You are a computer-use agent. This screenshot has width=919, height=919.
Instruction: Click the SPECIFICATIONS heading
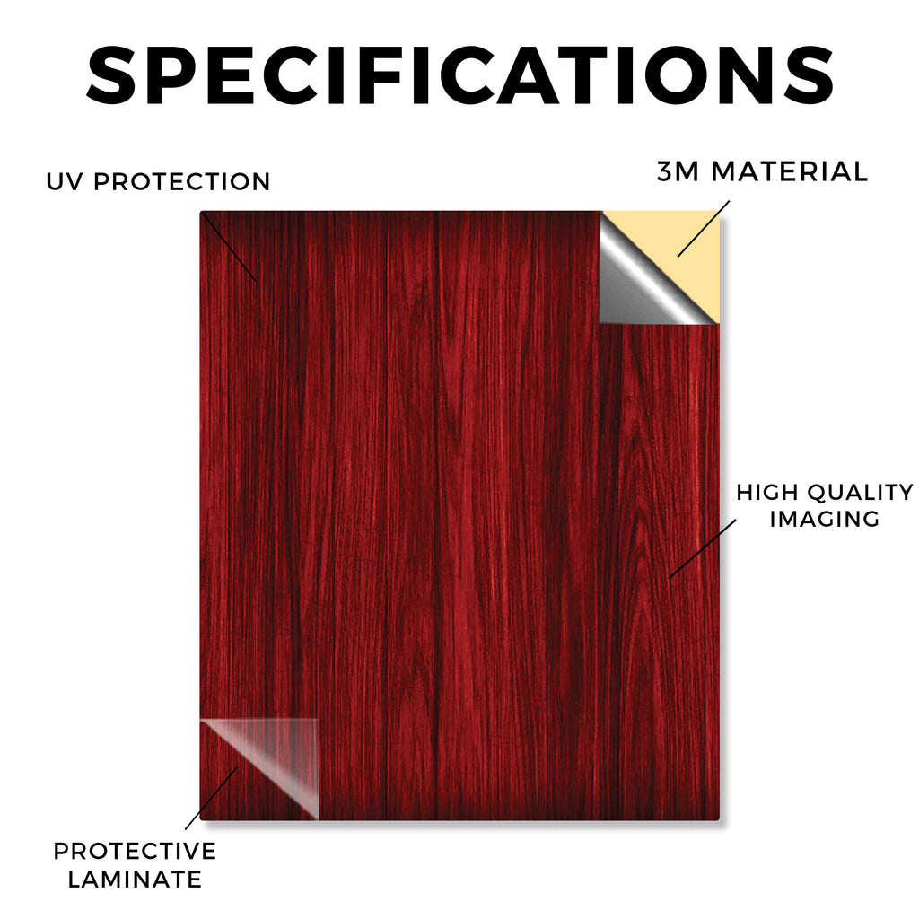(x=460, y=75)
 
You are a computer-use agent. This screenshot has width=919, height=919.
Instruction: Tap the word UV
(x=64, y=181)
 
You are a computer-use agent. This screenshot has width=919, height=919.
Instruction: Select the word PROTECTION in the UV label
(x=181, y=181)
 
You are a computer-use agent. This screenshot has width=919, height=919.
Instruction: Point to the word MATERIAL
(x=789, y=171)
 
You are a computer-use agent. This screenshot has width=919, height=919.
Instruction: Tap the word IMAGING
(x=825, y=519)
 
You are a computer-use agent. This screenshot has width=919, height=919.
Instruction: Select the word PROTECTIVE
(x=135, y=851)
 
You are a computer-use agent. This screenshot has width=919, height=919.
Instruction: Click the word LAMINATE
(x=135, y=880)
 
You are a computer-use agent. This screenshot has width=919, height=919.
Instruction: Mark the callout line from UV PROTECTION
(x=229, y=247)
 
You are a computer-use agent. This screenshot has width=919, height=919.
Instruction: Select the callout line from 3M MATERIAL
(x=704, y=229)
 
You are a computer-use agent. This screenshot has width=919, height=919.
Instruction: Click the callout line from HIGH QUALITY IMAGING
(x=703, y=548)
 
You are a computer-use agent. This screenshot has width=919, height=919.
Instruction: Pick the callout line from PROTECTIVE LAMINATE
(x=212, y=798)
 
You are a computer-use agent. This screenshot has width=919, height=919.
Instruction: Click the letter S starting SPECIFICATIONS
(x=111, y=75)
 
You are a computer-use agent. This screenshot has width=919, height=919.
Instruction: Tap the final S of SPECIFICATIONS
(x=809, y=75)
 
